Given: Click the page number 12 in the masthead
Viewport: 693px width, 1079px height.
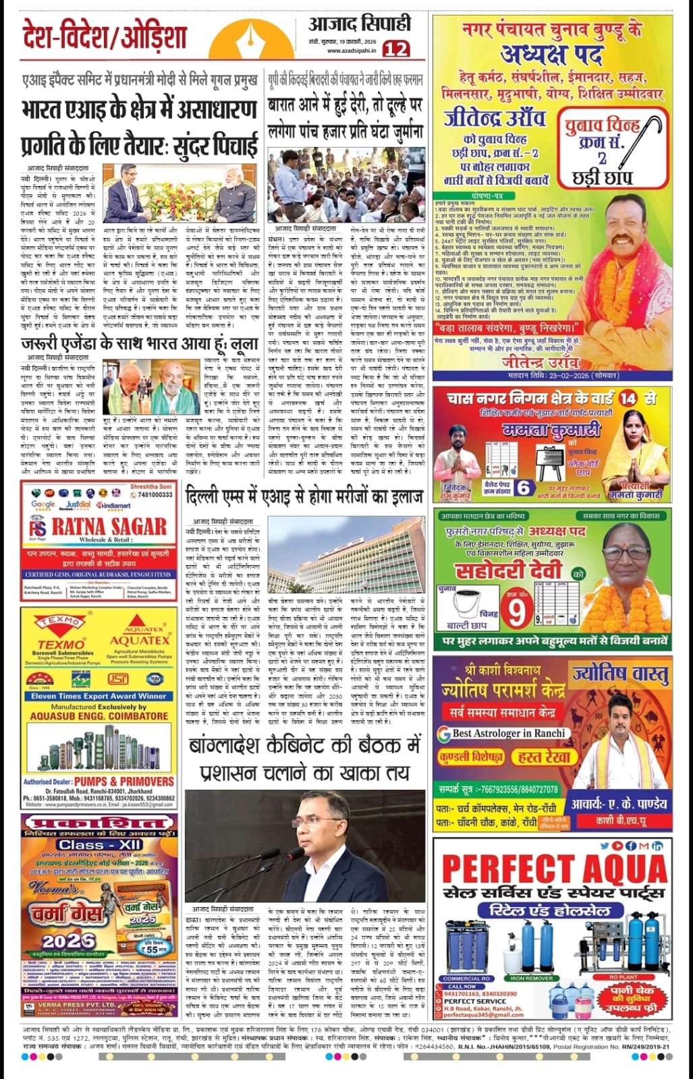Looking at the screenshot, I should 396,48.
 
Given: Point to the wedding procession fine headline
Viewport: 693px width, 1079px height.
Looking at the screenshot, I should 345,117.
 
